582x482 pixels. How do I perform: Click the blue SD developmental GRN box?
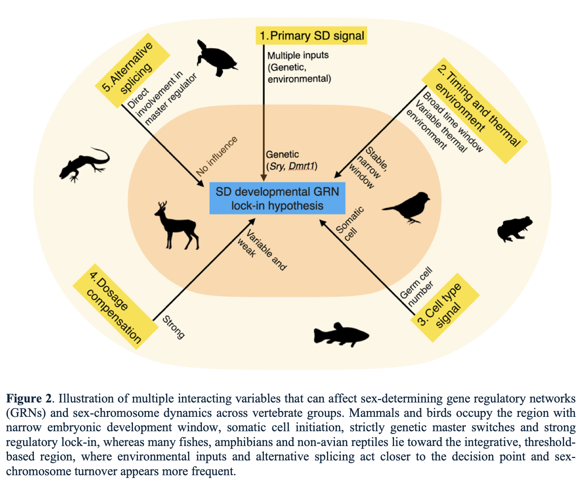277,199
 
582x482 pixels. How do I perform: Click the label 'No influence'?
217,156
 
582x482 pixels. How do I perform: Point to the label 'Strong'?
173,327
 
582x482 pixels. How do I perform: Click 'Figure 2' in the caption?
29,398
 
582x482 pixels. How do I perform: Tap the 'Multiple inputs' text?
298,55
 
